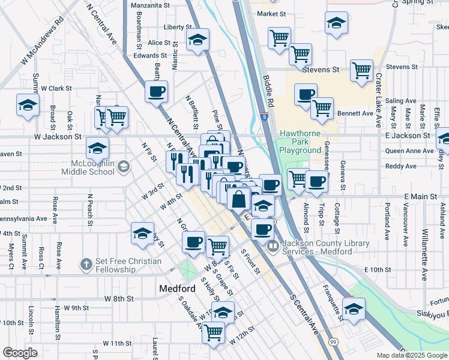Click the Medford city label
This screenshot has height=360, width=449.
click(x=177, y=288)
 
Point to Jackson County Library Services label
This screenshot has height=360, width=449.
click(x=317, y=247)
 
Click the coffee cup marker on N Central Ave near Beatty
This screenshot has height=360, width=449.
click(x=157, y=92)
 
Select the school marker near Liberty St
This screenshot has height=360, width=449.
click(x=197, y=40)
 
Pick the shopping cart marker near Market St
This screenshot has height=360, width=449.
click(x=279, y=38)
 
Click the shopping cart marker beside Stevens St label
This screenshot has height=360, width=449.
click(x=361, y=71)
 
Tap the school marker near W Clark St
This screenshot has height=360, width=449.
click(x=28, y=105)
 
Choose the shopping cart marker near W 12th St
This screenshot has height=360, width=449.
click(x=213, y=331)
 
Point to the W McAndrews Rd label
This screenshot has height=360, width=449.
click(x=41, y=41)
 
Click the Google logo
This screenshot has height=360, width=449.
click(x=20, y=353)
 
